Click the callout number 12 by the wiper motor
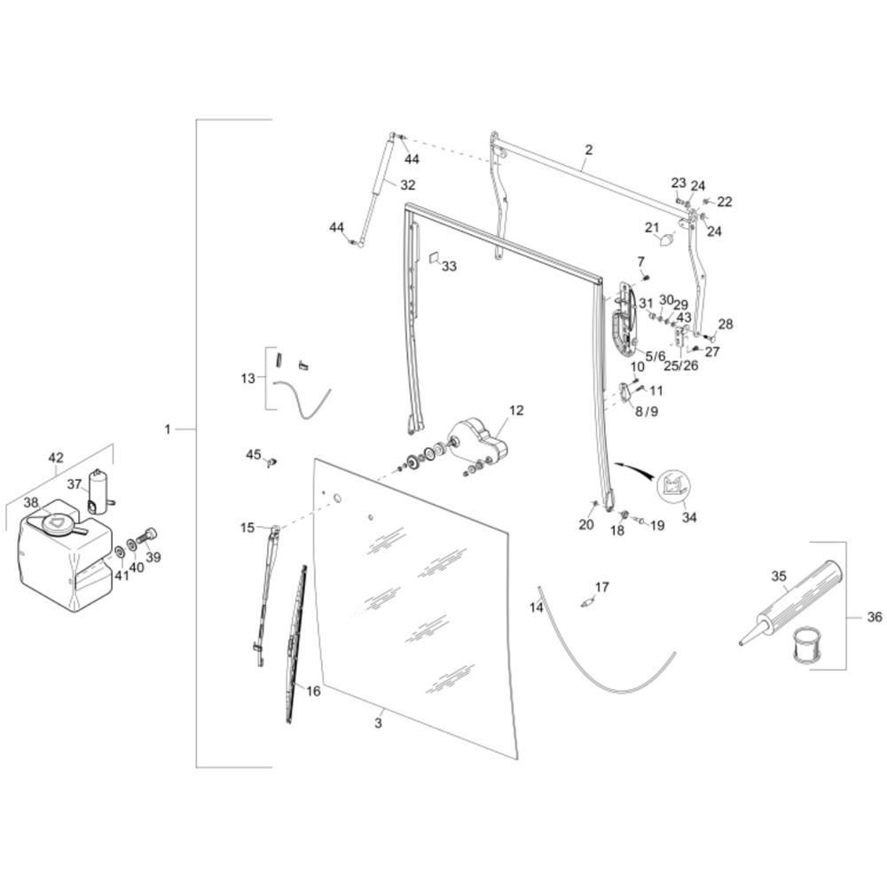coord(516,410)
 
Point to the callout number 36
coord(874,617)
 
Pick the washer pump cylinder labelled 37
coord(100,491)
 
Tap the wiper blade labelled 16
coord(296,644)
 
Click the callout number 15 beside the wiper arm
coord(247,528)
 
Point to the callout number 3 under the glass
coord(378,724)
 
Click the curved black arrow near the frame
coord(633,467)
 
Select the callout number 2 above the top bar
coord(589,150)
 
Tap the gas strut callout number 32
coord(407,185)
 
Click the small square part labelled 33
coord(435,259)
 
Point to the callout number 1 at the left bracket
coord(167,430)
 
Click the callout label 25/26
coord(681,365)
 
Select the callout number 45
coord(253,454)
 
